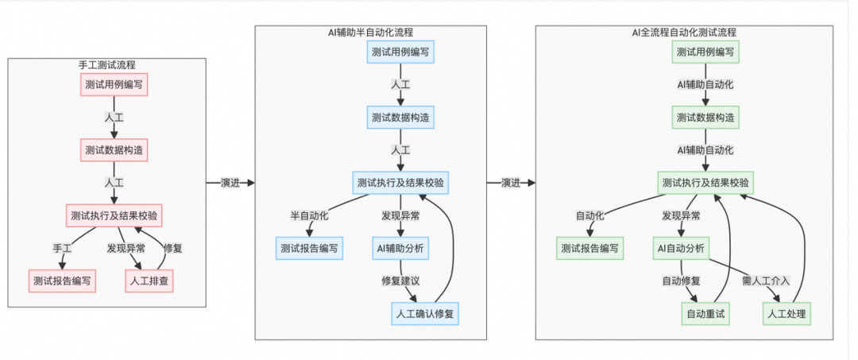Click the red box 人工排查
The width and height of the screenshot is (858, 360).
150,280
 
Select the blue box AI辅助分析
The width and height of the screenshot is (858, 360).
400,248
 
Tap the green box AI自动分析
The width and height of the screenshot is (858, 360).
680,248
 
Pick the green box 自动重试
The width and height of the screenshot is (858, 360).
705,314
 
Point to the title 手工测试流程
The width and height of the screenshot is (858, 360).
106,64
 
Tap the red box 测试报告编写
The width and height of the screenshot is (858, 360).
61,280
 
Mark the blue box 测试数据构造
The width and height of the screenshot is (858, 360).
401,117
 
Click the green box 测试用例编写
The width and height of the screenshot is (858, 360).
705,52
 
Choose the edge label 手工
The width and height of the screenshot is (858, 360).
63,247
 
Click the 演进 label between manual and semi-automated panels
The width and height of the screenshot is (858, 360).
230,183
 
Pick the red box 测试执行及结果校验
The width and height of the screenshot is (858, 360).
114,215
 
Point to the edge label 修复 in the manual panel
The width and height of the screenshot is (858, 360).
173,247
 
